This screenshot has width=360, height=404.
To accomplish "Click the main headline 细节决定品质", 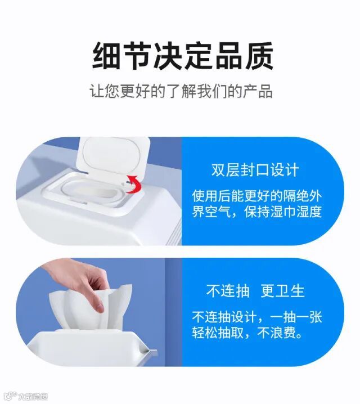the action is [x=182, y=56].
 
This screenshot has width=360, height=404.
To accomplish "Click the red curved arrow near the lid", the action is [x=134, y=184].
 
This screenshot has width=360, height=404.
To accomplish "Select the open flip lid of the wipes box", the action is [x=113, y=157].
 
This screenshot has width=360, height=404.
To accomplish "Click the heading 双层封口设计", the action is [x=255, y=170].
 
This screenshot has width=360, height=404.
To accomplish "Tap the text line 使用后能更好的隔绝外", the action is [x=256, y=196].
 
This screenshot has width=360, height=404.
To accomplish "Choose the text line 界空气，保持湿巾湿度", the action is [x=256, y=212].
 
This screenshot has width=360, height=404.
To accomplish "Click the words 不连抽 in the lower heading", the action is [x=228, y=291].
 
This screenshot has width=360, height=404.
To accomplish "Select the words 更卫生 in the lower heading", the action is [x=283, y=291].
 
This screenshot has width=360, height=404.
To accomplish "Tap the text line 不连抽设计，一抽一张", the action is [x=256, y=317].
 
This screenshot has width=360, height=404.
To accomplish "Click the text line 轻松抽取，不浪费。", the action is [x=247, y=333].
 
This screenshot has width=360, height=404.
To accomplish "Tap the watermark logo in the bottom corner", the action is [x=26, y=396].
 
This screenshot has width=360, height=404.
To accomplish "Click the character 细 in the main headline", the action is [x=106, y=56].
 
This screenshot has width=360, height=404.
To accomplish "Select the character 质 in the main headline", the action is [x=259, y=56].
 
